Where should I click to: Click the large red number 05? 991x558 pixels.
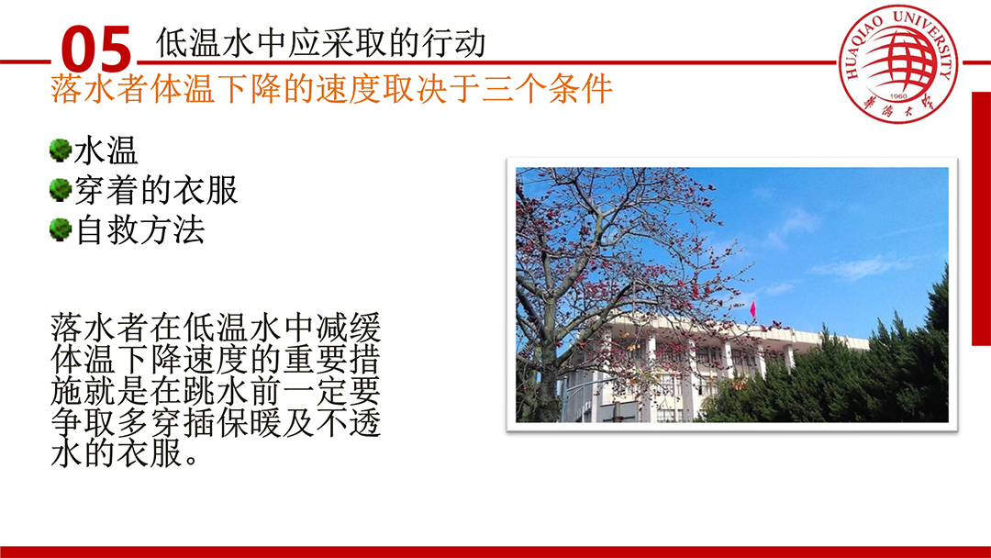point(96,49)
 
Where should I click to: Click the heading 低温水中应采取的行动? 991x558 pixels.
point(320,42)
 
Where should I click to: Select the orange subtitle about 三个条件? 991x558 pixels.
point(331,88)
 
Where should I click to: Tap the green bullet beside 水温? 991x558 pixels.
point(60,151)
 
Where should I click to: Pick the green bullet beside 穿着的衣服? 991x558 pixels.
point(60,190)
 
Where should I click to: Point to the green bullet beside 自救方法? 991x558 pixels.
point(60,229)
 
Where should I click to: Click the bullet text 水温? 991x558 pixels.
point(106,151)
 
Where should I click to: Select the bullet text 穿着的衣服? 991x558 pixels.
point(155,190)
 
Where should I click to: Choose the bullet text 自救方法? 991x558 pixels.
point(139,229)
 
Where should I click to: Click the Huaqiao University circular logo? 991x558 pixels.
point(897,64)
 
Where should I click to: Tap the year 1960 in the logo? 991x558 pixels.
point(898,96)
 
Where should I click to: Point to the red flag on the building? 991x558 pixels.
point(752,309)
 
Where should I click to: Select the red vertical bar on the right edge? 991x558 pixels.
point(981,218)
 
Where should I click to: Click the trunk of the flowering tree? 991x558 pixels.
point(547,385)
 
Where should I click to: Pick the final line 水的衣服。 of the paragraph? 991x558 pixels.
point(125,453)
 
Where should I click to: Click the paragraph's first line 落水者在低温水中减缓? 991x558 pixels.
point(216,328)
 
